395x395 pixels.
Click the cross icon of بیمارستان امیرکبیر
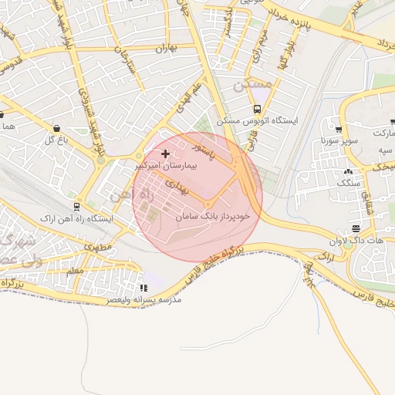coord(165,154)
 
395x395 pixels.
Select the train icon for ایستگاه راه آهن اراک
coord(77,207)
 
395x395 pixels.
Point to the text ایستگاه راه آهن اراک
coord(79,219)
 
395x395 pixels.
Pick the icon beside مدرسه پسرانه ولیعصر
coord(143,288)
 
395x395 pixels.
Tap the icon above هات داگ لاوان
coord(355,228)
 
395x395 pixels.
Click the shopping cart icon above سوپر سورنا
coord(339,129)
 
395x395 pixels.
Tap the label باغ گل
coord(57,140)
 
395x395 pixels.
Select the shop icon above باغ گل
coord(57,128)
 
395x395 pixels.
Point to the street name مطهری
coord(98,247)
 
